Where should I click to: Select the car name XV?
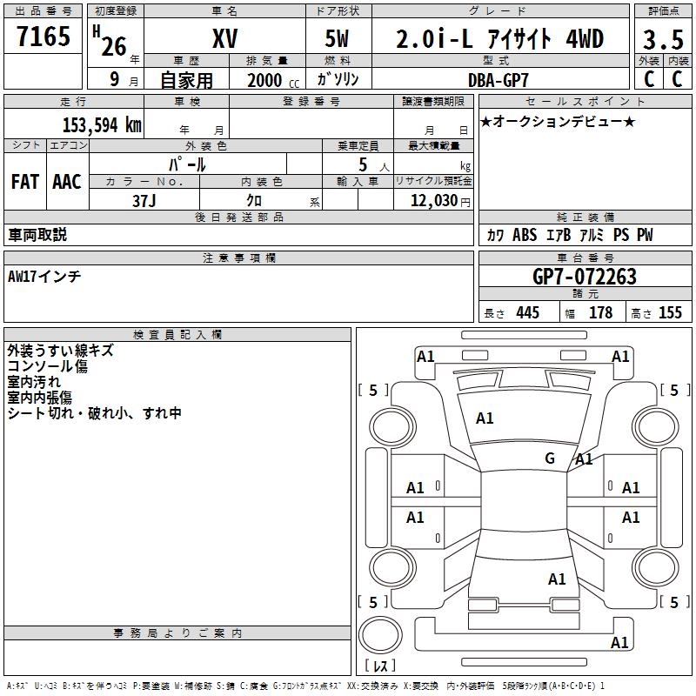[x=224, y=39]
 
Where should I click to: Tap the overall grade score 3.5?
[x=661, y=40]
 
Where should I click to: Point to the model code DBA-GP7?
[x=499, y=79]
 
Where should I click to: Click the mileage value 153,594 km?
[x=102, y=124]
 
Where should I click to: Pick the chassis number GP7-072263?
[x=584, y=277]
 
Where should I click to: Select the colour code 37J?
[x=145, y=200]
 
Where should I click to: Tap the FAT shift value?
[x=25, y=182]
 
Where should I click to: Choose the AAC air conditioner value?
[x=67, y=182]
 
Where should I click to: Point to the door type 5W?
[x=339, y=40]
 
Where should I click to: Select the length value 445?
[x=526, y=313]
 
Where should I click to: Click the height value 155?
[x=670, y=313]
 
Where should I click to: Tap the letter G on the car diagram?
[x=549, y=458]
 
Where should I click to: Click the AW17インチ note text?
[x=43, y=276]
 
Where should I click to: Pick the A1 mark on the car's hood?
[x=485, y=418]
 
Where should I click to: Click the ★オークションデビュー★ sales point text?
[x=558, y=121]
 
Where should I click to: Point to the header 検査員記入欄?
[x=177, y=334]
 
